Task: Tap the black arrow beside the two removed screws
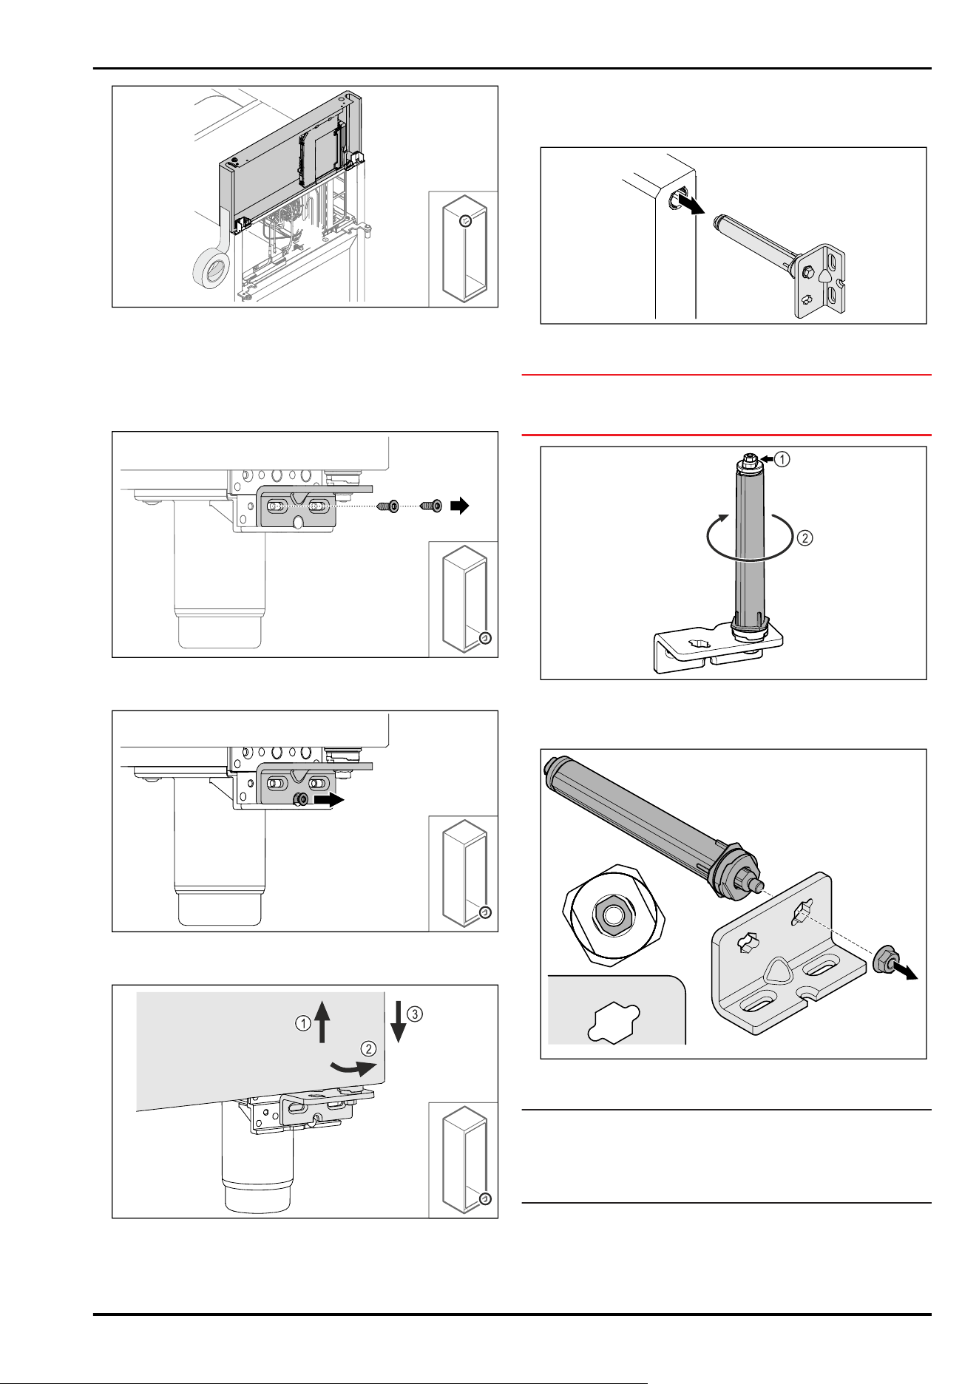pos(460,506)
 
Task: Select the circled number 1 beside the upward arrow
pos(303,1024)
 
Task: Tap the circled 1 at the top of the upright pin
pos(782,459)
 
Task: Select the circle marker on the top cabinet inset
pos(465,220)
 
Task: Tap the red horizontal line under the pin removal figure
pos(726,375)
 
